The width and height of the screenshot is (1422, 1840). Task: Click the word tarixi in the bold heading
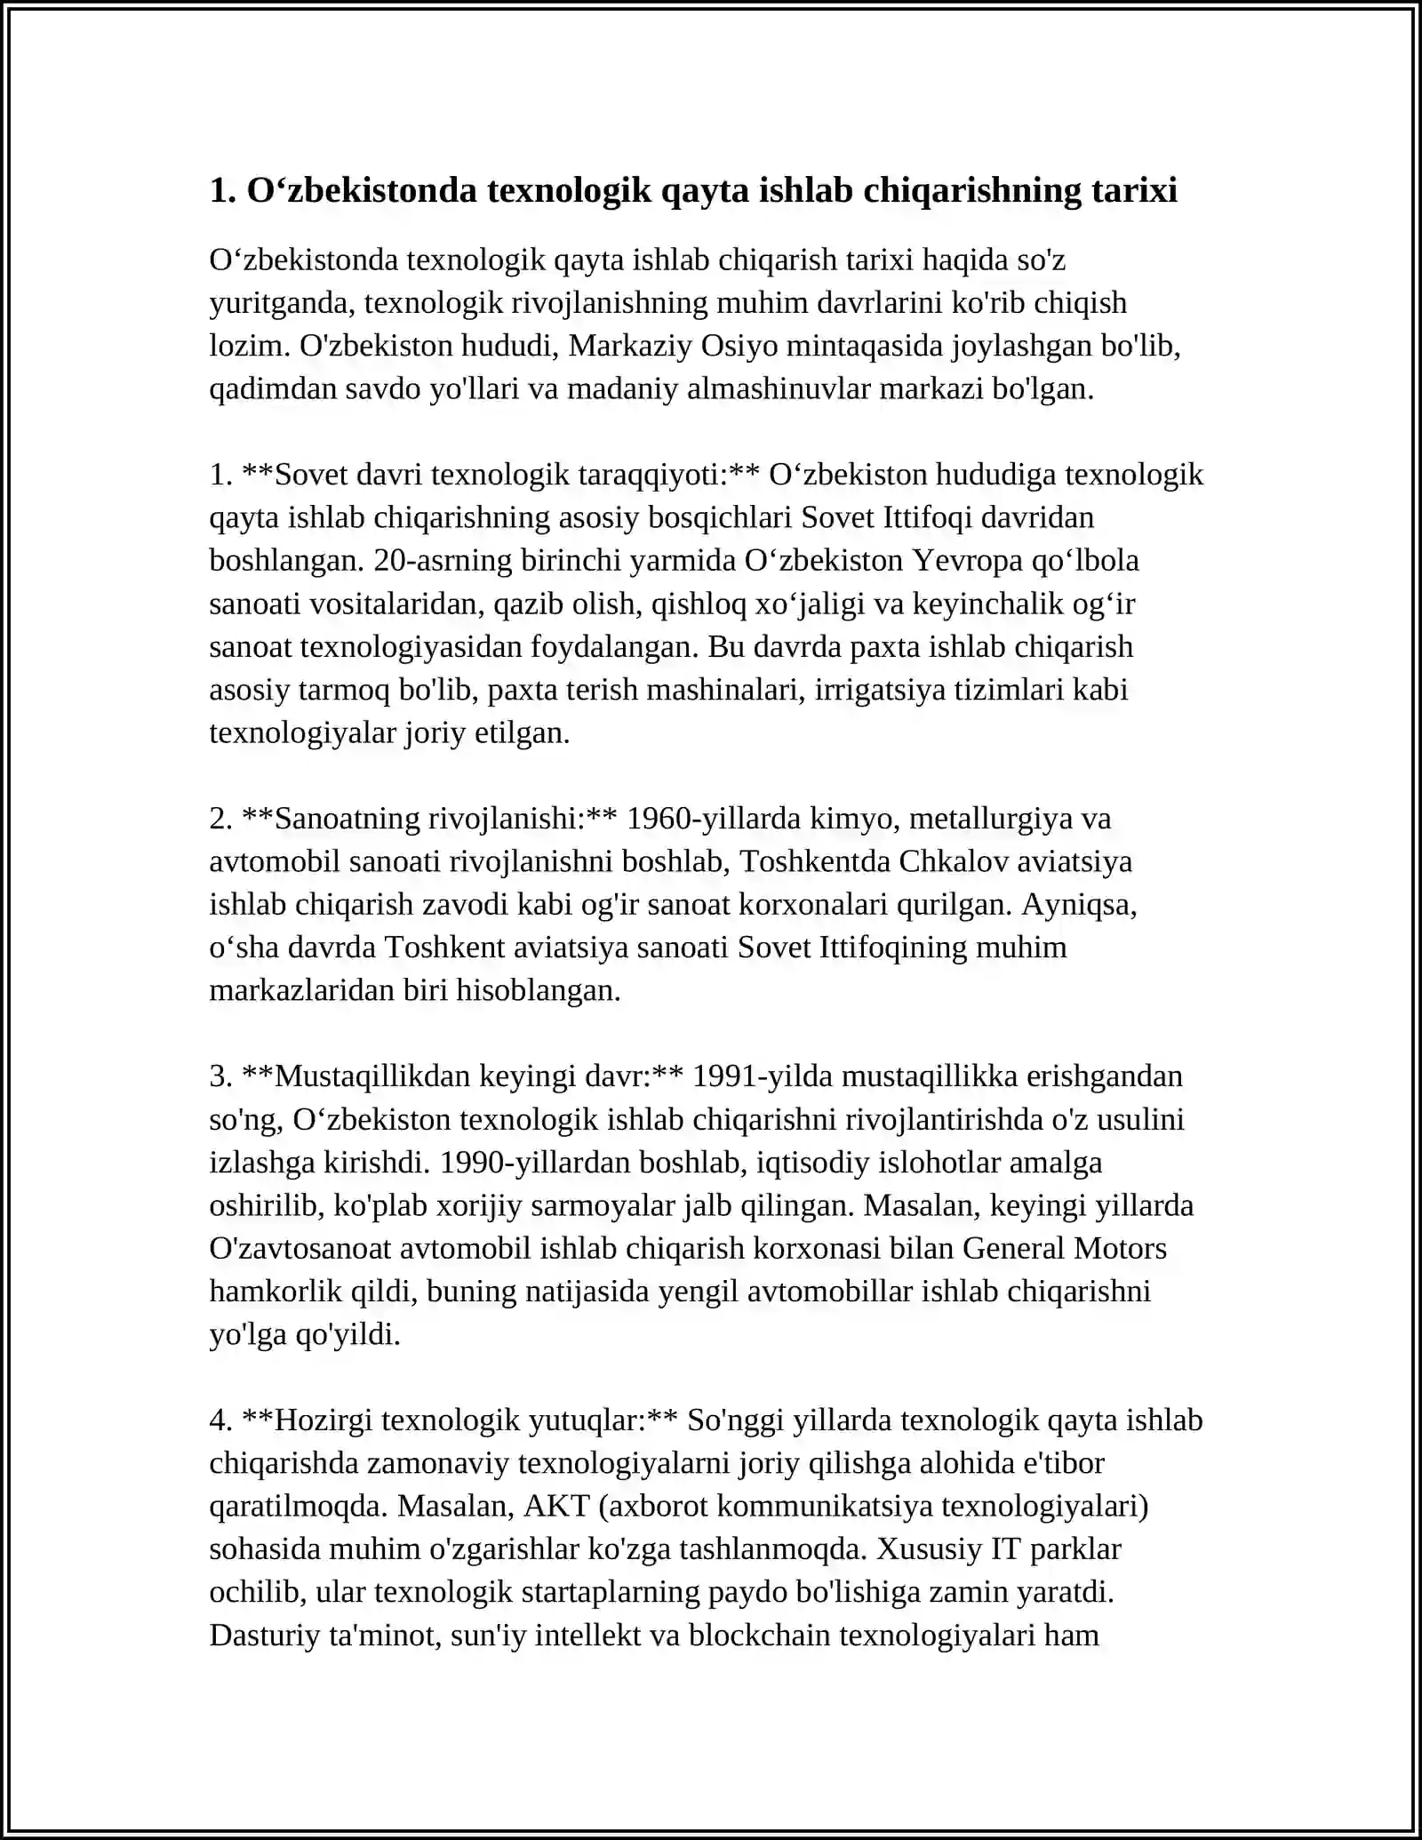click(x=1130, y=190)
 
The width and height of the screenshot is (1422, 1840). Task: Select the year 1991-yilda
click(x=762, y=1076)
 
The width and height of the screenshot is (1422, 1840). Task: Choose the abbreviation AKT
click(x=557, y=1506)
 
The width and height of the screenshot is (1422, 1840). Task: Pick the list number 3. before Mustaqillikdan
click(x=220, y=1076)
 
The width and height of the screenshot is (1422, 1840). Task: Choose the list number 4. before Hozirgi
click(x=220, y=1420)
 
